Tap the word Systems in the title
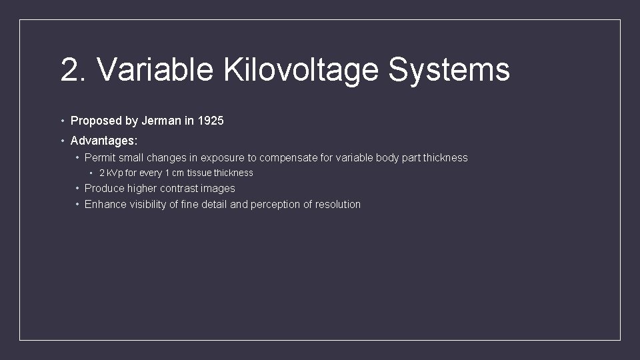click(x=449, y=70)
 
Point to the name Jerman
click(x=161, y=121)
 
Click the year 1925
click(x=210, y=121)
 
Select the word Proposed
click(x=96, y=121)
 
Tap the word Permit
click(x=99, y=158)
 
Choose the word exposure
click(x=223, y=158)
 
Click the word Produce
click(x=104, y=189)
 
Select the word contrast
click(x=175, y=189)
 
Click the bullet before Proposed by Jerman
click(x=62, y=121)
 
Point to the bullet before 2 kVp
click(x=91, y=173)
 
